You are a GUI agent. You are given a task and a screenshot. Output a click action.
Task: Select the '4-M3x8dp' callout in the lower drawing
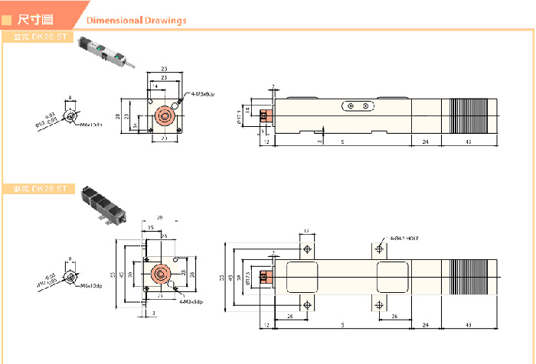point(191,301)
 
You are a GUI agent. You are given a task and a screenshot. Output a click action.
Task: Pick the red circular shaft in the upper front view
point(162,115)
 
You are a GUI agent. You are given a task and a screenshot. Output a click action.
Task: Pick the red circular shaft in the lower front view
point(161,275)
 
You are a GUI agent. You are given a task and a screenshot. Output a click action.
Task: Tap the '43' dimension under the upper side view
point(469,142)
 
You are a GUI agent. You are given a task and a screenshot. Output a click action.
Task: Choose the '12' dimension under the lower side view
point(266,325)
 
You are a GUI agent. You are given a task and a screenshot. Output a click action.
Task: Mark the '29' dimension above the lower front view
point(159,218)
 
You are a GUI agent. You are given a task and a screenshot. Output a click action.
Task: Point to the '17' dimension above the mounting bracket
point(306,231)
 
